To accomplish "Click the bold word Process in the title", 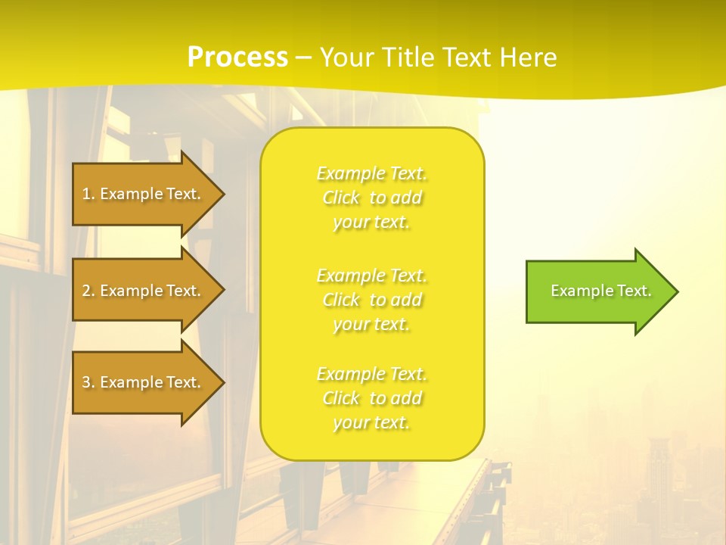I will click(237, 58).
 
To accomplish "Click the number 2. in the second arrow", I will click(88, 291).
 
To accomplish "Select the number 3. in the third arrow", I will click(88, 382).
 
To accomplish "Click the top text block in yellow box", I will click(371, 198).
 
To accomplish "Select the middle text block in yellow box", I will click(371, 300).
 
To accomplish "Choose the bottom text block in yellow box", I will click(371, 398).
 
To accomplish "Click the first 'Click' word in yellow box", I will click(341, 198).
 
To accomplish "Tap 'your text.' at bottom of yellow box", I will click(371, 422).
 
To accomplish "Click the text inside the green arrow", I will click(601, 291).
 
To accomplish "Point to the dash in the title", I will click(303, 58).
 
